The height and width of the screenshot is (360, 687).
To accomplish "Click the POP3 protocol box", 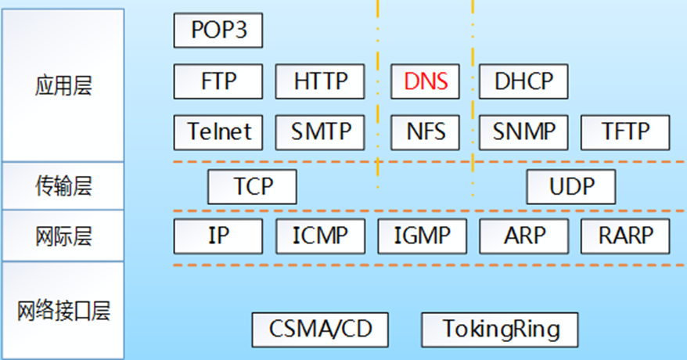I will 218,31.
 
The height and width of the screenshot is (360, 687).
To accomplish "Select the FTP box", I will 218,81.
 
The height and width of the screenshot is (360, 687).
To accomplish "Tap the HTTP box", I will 319,81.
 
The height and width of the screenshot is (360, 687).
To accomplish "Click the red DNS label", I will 425,81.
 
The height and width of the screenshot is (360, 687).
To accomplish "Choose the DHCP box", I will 523,81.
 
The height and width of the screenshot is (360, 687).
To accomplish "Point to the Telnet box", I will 218,131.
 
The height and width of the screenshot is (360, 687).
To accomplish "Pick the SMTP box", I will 320,131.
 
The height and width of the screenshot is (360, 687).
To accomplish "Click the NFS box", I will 425,131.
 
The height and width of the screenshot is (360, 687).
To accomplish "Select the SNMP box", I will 523,131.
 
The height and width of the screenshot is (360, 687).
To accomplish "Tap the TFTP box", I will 625,131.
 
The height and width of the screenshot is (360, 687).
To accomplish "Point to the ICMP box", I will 320,235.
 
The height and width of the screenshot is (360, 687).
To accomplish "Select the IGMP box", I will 422,235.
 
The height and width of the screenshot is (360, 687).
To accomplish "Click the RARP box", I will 625,235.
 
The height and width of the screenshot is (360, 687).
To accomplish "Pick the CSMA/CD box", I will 320,329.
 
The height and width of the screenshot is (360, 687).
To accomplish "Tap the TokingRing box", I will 501,329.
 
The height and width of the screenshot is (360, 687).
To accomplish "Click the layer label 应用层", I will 63,85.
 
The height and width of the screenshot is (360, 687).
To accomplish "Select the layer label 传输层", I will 63,186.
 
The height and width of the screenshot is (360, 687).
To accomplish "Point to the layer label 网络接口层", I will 63,311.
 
